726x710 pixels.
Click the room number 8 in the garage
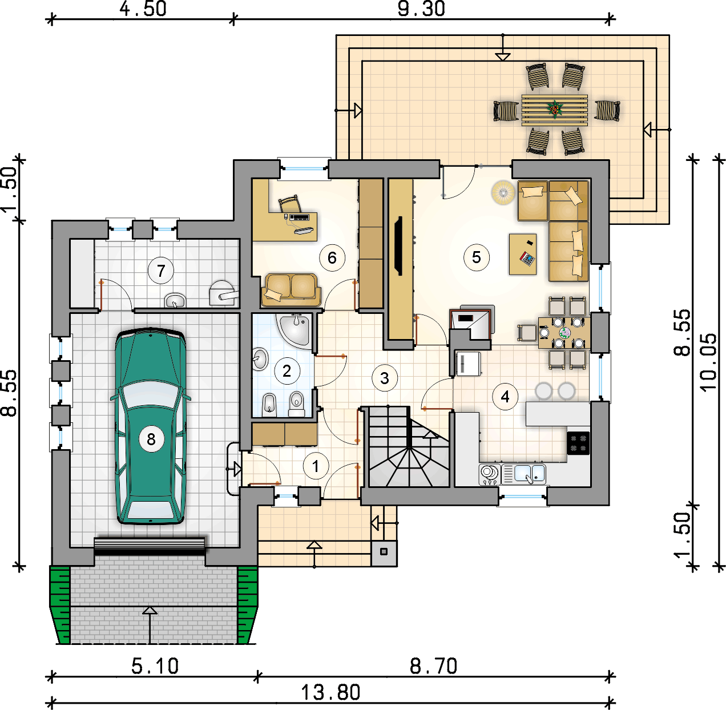point(151,439)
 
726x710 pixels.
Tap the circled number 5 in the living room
point(477,257)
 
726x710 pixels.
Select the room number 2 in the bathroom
point(287,371)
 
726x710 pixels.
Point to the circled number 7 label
point(161,271)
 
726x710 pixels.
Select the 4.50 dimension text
point(143,9)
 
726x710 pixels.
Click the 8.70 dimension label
point(434,667)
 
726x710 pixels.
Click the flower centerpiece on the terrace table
point(555,108)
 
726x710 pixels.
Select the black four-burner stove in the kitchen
point(578,443)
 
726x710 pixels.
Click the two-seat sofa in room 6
point(291,290)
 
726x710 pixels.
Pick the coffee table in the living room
point(523,254)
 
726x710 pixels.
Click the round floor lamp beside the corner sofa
point(503,192)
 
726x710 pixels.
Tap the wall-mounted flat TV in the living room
point(400,246)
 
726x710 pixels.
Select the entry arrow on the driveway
point(150,624)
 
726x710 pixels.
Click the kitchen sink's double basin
point(530,474)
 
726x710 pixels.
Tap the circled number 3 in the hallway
point(385,378)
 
